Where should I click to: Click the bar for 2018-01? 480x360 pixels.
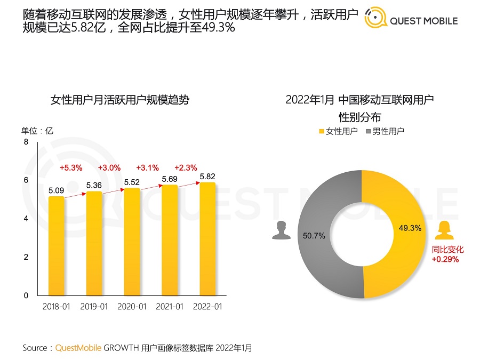(56, 246)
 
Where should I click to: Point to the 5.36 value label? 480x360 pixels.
(94, 185)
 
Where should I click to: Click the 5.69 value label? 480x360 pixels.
(170, 179)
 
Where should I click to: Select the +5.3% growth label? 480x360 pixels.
(71, 167)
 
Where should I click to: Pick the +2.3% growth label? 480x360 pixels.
(186, 167)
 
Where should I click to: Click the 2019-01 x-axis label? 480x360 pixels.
(94, 307)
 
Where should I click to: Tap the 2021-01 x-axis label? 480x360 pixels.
(170, 307)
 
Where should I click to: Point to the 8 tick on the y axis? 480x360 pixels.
(26, 142)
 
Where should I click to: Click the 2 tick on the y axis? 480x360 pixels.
(26, 257)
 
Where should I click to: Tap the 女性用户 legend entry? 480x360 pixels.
(338, 131)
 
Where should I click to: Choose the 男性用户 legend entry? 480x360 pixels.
(384, 131)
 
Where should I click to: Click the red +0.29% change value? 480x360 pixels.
(445, 259)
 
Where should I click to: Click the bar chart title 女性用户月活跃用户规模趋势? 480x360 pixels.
(119, 100)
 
